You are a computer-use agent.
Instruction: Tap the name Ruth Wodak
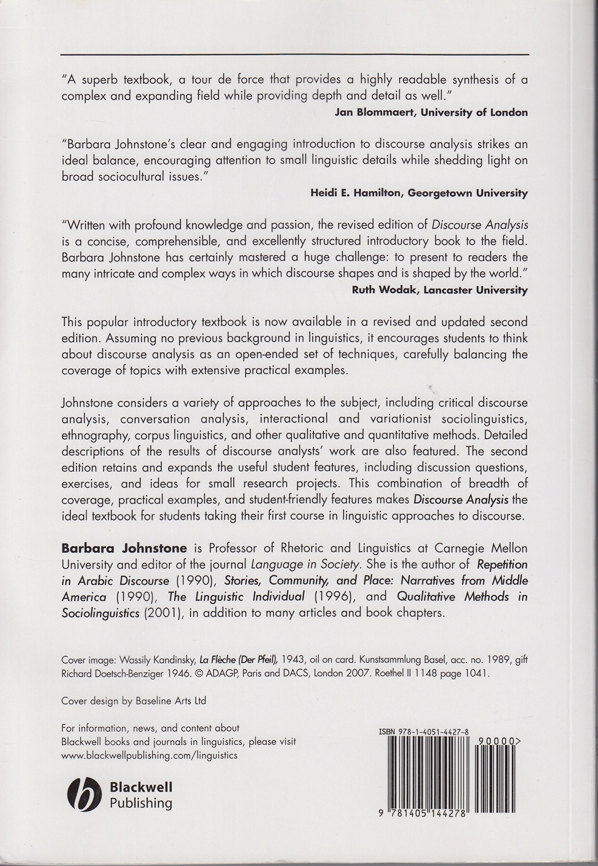tap(381, 290)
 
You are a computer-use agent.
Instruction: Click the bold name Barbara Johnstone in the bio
tap(124, 548)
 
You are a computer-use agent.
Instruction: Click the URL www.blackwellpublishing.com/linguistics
tap(149, 755)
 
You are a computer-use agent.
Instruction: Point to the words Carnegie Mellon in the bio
tap(481, 548)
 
